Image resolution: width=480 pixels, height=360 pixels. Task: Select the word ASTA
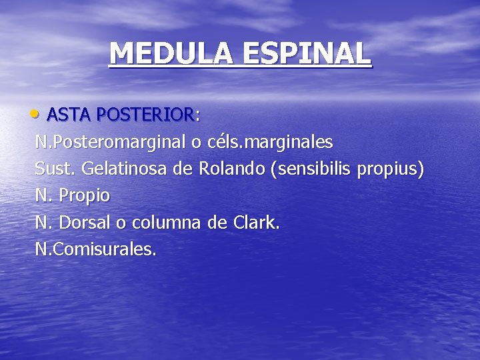click(69, 115)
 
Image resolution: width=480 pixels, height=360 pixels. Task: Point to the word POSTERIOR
click(145, 115)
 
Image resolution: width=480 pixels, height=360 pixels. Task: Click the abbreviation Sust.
click(55, 169)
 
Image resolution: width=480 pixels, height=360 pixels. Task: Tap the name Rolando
click(231, 169)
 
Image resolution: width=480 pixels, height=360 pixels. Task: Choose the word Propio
click(85, 197)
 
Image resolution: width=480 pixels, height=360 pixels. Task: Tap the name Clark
click(257, 223)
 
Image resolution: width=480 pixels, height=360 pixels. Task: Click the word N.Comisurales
click(96, 250)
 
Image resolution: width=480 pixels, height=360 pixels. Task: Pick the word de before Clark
click(217, 223)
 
